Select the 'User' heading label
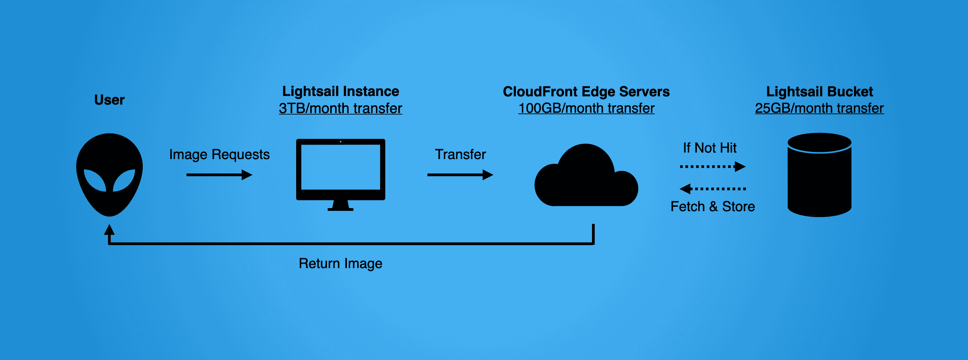click(109, 100)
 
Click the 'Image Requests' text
click(219, 154)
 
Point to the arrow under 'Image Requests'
click(219, 175)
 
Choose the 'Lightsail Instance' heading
click(340, 91)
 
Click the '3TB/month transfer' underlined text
click(340, 109)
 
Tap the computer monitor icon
click(340, 169)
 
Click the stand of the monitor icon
click(340, 206)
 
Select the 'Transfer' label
click(460, 154)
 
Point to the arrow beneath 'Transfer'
click(460, 175)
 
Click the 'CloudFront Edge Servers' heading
click(586, 92)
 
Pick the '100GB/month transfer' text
click(586, 109)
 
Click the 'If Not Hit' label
click(710, 148)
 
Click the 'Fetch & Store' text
click(713, 207)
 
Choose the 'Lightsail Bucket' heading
click(819, 92)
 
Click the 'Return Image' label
click(340, 263)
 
